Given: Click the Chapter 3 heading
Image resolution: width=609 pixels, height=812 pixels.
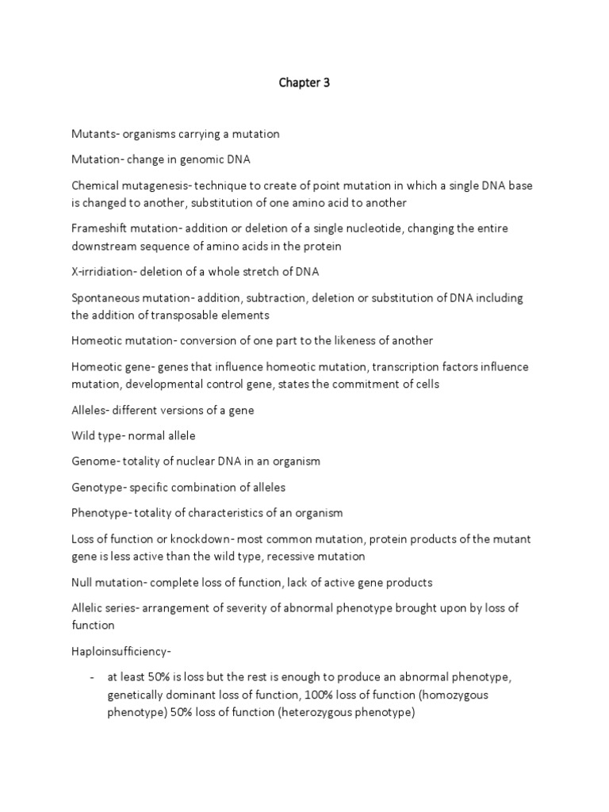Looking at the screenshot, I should pyautogui.click(x=304, y=82).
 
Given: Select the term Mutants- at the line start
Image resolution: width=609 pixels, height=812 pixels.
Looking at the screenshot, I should pyautogui.click(x=96, y=134).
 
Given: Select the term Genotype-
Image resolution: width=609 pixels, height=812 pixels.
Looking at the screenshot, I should pyautogui.click(x=100, y=487).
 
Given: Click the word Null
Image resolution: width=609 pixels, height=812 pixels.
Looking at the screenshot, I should pyautogui.click(x=82, y=582).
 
